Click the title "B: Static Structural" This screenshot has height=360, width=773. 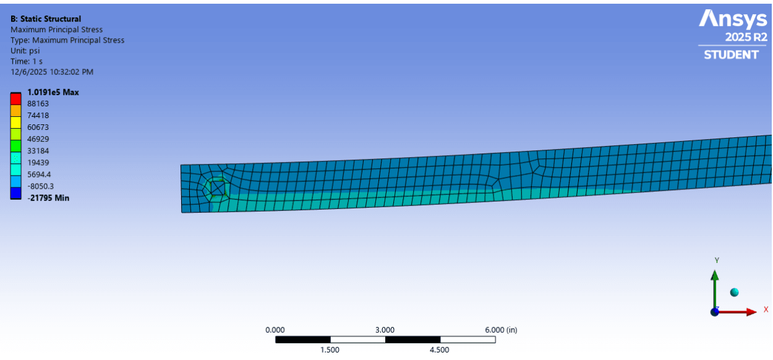tap(46, 19)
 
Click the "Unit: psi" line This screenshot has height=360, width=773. tap(25, 51)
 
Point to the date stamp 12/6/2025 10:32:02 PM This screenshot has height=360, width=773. tap(52, 72)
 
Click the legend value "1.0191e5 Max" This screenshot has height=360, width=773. tap(53, 92)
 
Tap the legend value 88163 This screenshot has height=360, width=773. tap(38, 104)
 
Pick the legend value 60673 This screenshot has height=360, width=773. tap(38, 127)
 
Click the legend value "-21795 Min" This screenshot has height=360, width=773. tap(48, 198)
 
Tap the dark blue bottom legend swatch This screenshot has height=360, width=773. tap(16, 193)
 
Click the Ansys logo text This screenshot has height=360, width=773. tap(733, 20)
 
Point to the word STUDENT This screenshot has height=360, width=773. tap(731, 55)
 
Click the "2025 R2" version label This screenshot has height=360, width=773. tap(746, 37)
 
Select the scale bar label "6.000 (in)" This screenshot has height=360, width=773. tap(500, 330)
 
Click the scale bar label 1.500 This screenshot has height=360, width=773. tap(330, 350)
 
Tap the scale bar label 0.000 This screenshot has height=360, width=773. tap(275, 330)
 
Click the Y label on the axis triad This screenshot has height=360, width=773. tap(717, 260)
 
